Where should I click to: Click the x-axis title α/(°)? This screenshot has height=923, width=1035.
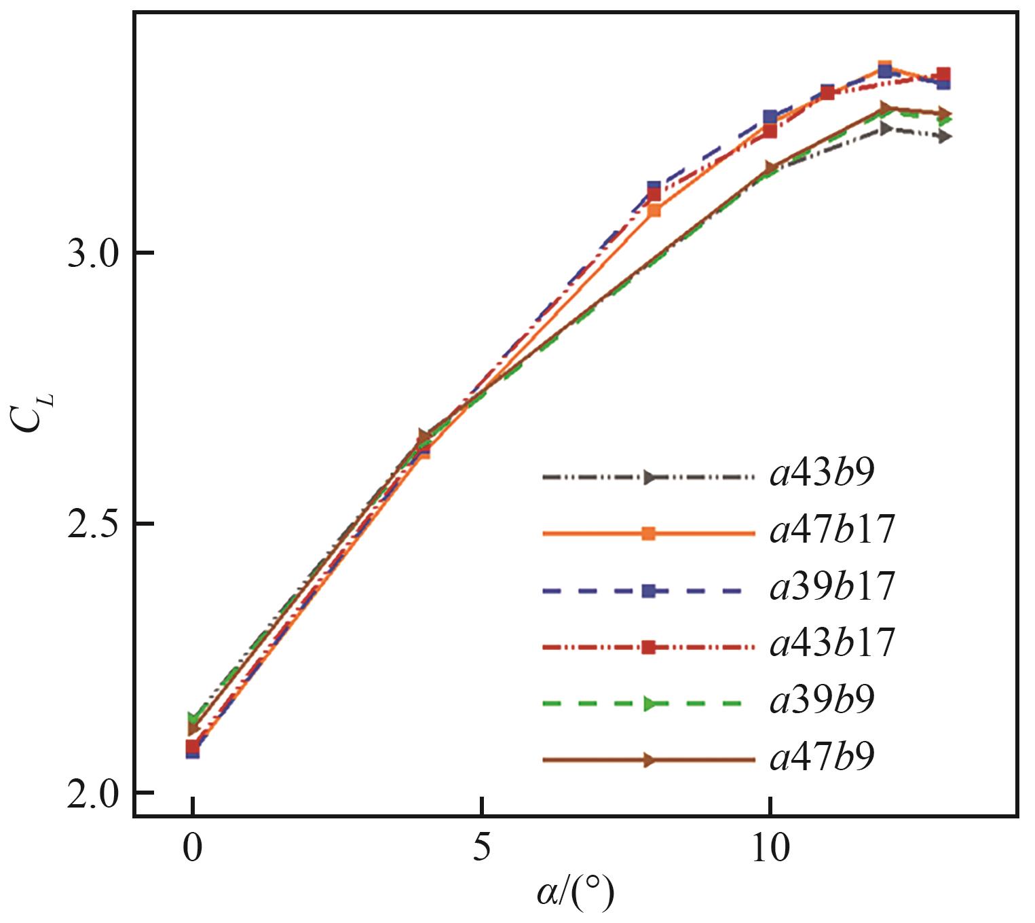pyautogui.click(x=575, y=895)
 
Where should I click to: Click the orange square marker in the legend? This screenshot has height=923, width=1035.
pyautogui.click(x=648, y=534)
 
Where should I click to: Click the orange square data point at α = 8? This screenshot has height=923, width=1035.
pyautogui.click(x=654, y=210)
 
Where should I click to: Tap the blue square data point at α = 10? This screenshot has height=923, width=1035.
pyautogui.click(x=770, y=117)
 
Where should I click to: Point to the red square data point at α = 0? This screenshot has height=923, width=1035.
pyautogui.click(x=193, y=747)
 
